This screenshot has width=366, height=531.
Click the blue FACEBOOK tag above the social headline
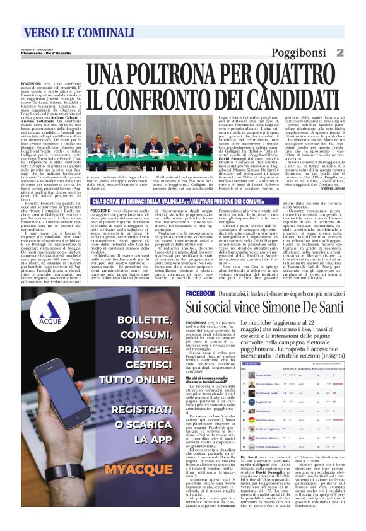(201, 294)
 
